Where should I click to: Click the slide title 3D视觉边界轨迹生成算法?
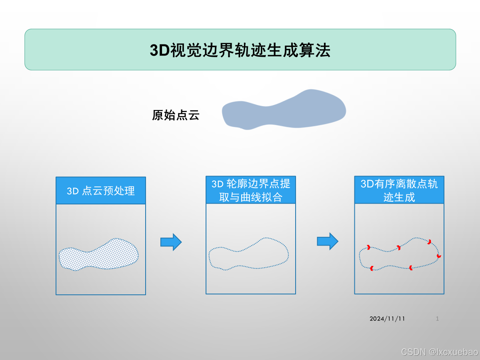click(x=240, y=51)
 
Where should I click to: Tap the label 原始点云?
click(x=176, y=116)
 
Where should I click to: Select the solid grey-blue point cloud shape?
click(x=284, y=110)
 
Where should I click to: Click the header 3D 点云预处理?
click(x=101, y=191)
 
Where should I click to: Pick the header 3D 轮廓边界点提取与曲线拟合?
click(x=251, y=190)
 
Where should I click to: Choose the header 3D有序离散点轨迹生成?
click(x=399, y=190)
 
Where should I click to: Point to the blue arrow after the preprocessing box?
click(x=171, y=242)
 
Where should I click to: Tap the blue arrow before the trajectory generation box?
click(x=328, y=241)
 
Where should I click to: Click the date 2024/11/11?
click(x=387, y=319)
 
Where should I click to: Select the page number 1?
click(x=437, y=319)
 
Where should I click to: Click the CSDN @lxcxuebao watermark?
click(x=439, y=352)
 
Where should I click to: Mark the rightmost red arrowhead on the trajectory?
click(x=439, y=256)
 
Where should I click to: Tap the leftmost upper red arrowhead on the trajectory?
click(x=368, y=247)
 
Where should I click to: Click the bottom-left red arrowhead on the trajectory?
click(x=372, y=268)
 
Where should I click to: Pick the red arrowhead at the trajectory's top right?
click(x=429, y=242)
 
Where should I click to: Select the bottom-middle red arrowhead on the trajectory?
click(x=410, y=267)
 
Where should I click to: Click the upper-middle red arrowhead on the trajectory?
click(x=398, y=248)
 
